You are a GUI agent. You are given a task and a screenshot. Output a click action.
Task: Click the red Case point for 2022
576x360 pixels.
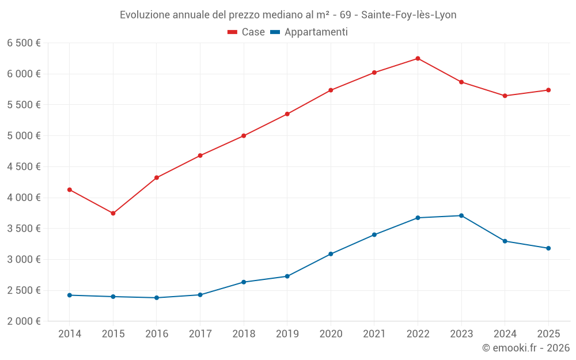pyautogui.click(x=418, y=58)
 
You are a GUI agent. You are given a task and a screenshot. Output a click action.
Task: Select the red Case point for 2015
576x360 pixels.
pyautogui.click(x=113, y=213)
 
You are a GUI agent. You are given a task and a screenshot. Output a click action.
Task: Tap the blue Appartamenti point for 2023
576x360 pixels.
pyautogui.click(x=461, y=215)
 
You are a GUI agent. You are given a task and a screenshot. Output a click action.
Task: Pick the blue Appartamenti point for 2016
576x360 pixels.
pyautogui.click(x=157, y=298)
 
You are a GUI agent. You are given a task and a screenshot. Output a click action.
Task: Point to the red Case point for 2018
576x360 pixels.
pyautogui.click(x=244, y=136)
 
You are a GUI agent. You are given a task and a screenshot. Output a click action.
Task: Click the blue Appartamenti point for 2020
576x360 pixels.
pyautogui.click(x=331, y=254)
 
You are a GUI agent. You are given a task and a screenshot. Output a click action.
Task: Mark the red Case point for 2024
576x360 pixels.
pyautogui.click(x=505, y=96)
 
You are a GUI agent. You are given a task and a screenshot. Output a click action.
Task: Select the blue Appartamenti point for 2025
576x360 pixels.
pyautogui.click(x=548, y=248)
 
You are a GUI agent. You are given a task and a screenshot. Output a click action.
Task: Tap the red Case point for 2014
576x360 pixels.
pyautogui.click(x=70, y=190)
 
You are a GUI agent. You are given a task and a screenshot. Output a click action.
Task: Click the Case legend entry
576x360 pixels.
pyautogui.click(x=247, y=32)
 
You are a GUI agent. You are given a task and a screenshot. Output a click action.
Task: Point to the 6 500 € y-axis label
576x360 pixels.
pyautogui.click(x=24, y=43)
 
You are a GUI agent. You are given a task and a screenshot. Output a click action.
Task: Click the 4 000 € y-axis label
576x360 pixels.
pyautogui.click(x=24, y=198)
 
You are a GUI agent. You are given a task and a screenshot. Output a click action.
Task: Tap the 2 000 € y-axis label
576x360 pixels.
pyautogui.click(x=24, y=321)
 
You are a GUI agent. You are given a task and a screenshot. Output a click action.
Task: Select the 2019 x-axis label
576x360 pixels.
pyautogui.click(x=287, y=334)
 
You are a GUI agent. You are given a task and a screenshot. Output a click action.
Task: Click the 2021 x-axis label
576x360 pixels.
pyautogui.click(x=374, y=334)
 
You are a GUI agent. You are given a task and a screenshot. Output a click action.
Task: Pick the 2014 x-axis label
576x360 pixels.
pyautogui.click(x=70, y=334)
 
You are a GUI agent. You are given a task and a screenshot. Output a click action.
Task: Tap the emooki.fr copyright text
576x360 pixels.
pyautogui.click(x=526, y=348)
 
